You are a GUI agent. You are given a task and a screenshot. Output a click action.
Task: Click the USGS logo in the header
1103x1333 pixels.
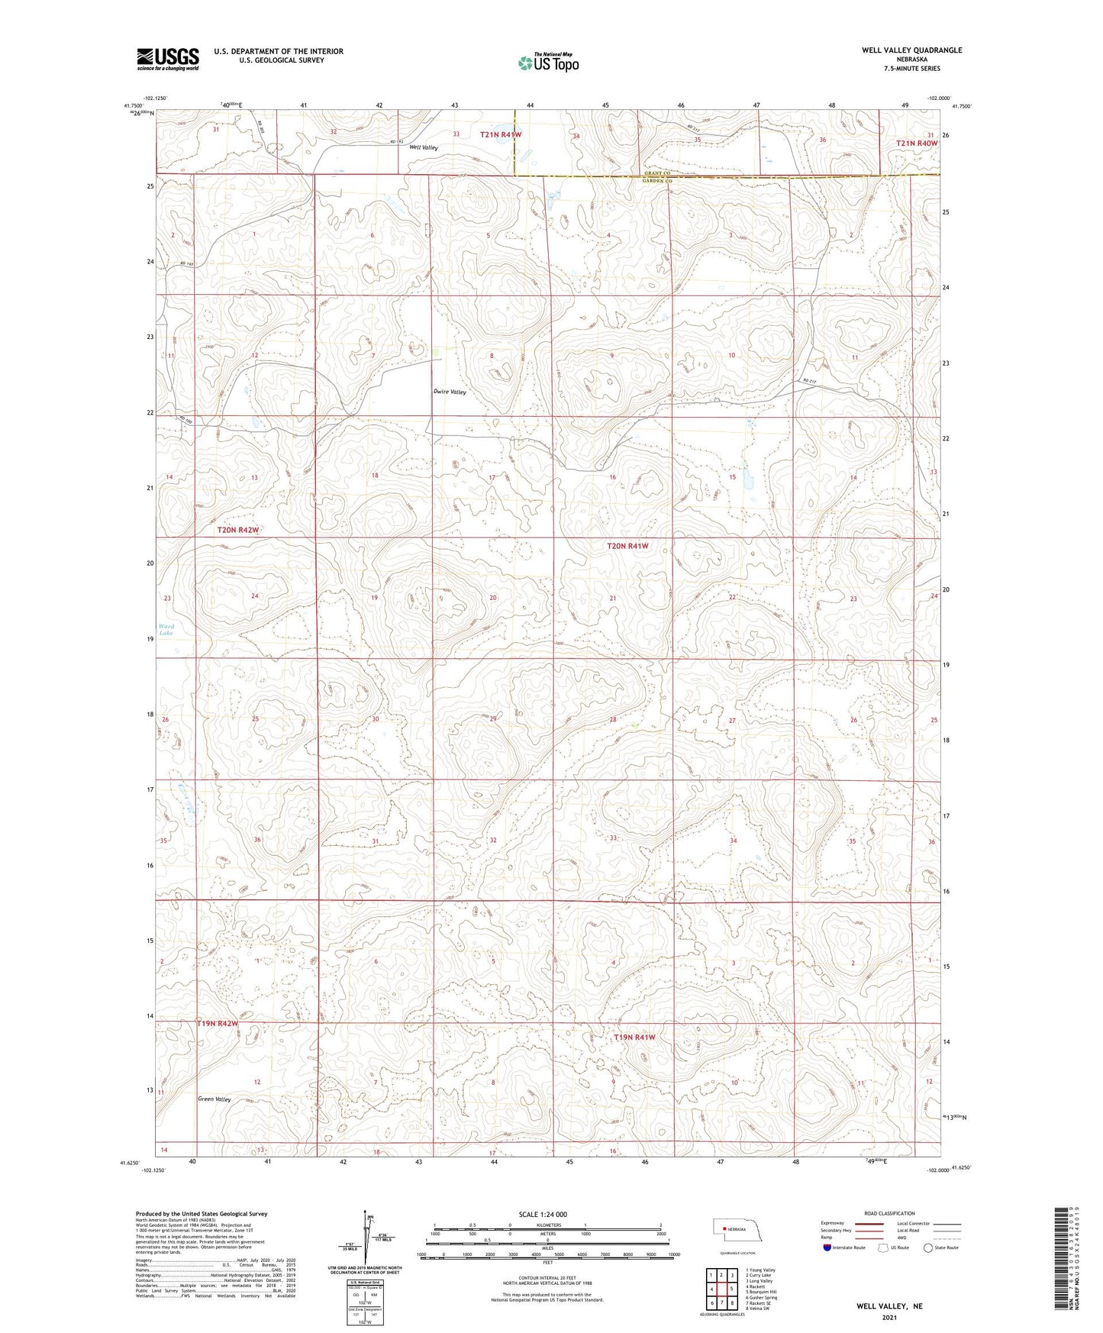point(168,58)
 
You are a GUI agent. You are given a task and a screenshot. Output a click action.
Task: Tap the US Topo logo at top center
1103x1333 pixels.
point(547,63)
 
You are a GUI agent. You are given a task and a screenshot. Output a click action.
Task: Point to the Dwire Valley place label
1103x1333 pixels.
point(450,392)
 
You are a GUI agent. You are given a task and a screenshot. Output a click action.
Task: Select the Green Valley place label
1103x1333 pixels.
point(214,1099)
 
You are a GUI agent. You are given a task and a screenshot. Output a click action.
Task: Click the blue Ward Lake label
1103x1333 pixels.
point(166,630)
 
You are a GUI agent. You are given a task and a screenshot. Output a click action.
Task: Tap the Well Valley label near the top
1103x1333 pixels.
point(424,147)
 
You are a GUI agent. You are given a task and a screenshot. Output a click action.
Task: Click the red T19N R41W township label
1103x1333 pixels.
point(634,1038)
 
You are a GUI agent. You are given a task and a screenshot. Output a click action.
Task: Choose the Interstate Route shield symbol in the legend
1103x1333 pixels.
point(827,1247)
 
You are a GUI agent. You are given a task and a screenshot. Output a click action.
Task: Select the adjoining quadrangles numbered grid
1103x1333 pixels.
point(721,1289)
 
